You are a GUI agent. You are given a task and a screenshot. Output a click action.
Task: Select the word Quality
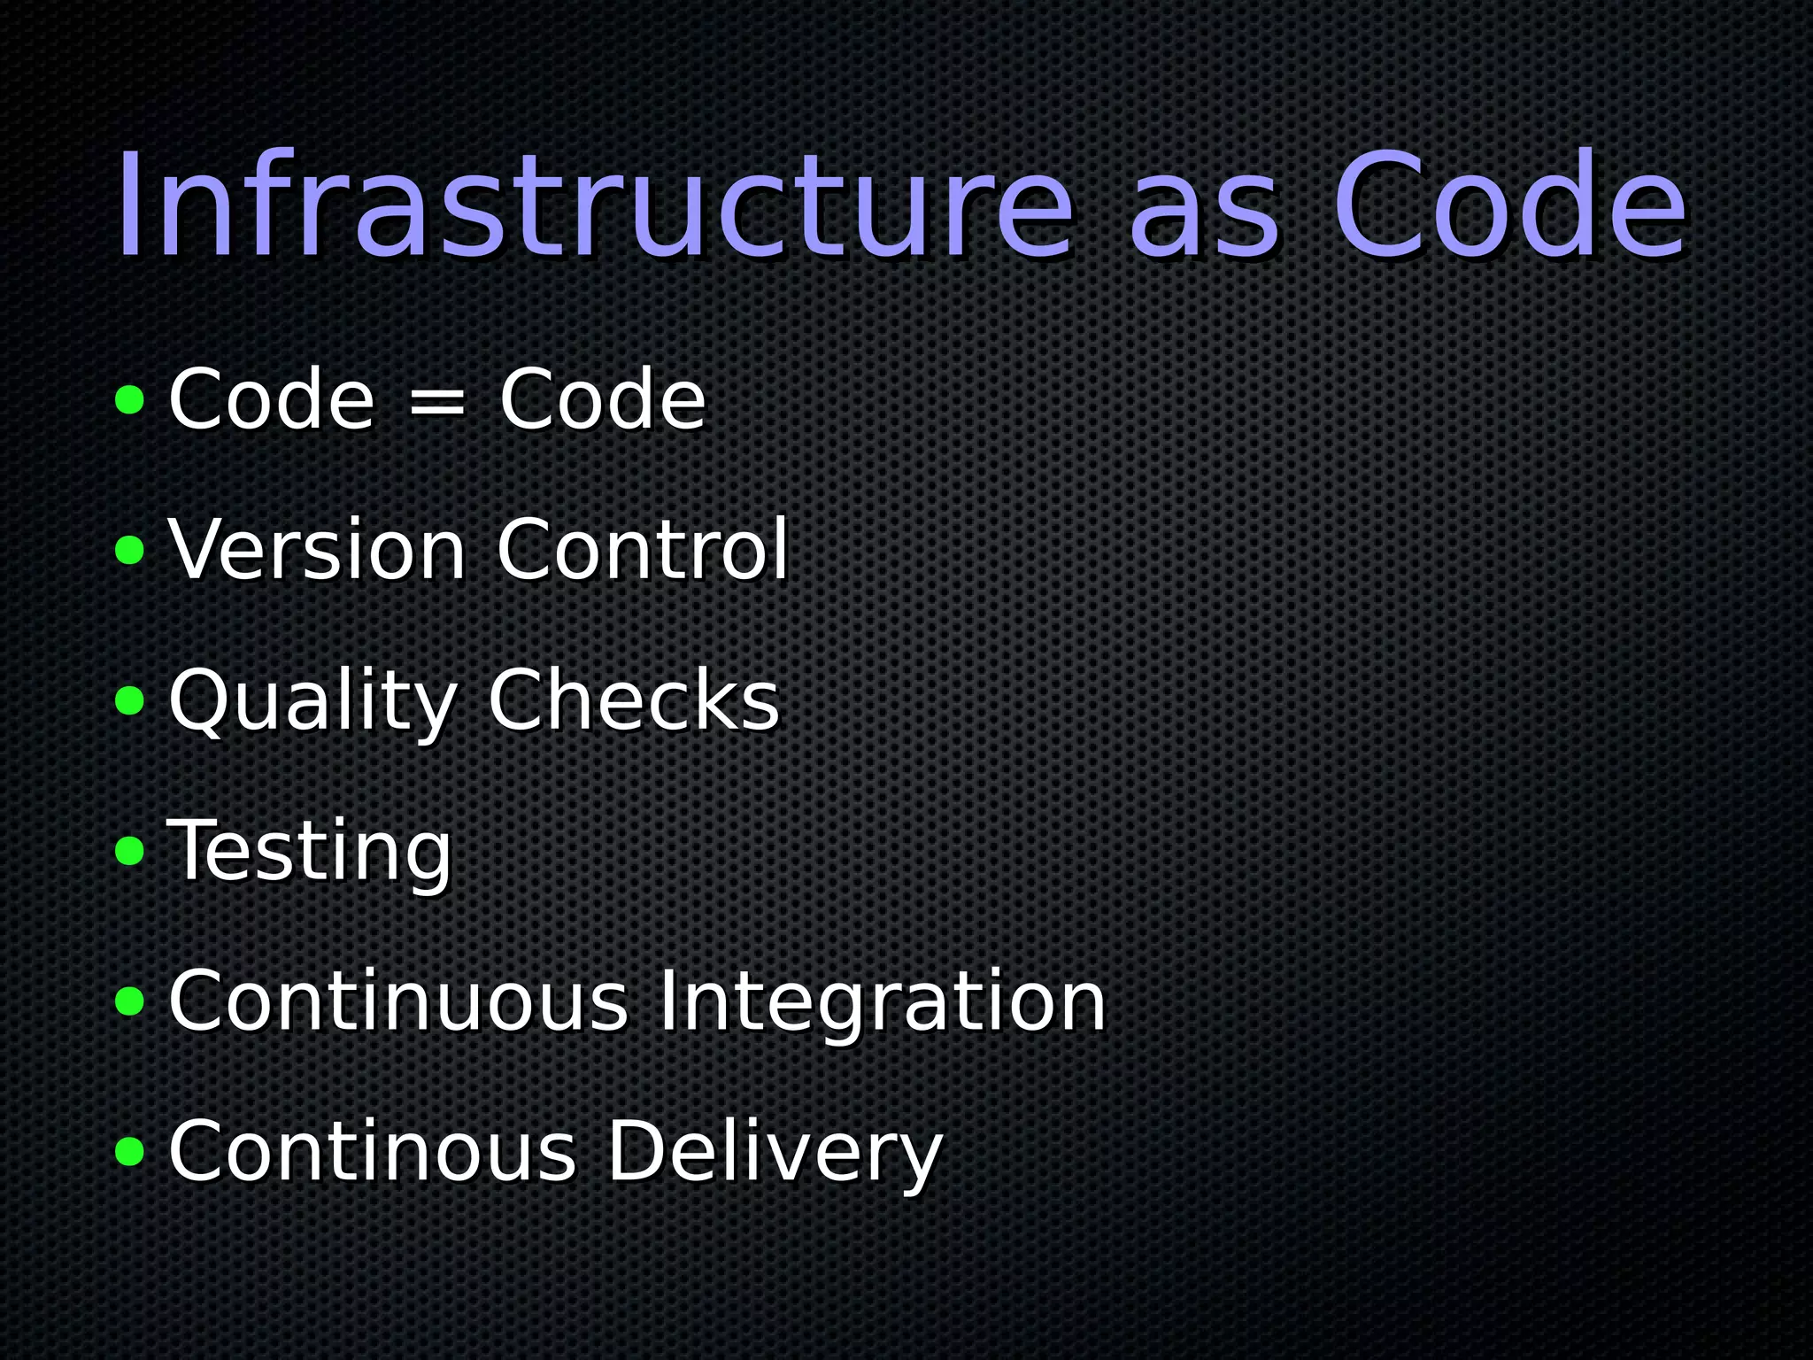(x=312, y=701)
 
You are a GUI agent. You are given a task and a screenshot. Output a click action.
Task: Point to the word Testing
(x=310, y=852)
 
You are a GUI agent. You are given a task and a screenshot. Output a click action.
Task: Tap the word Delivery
(x=775, y=1153)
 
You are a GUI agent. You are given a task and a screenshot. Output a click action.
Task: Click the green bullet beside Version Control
(x=129, y=551)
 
